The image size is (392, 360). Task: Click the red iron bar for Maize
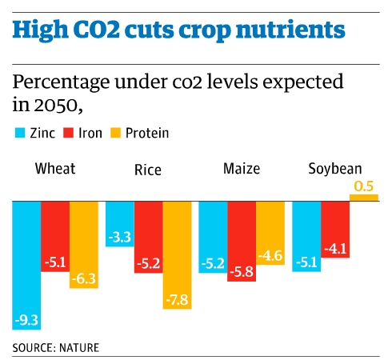[x=241, y=240]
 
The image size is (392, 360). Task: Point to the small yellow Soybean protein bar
[x=363, y=197]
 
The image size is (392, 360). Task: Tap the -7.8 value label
[x=177, y=299]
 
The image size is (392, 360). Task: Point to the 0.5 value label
[x=363, y=186]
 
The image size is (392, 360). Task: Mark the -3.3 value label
[x=119, y=237]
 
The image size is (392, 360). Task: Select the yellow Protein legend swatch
[x=117, y=133]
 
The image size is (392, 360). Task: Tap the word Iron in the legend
[x=90, y=133]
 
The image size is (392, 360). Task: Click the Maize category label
[x=241, y=169]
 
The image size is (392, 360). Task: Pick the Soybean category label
[x=335, y=169]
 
